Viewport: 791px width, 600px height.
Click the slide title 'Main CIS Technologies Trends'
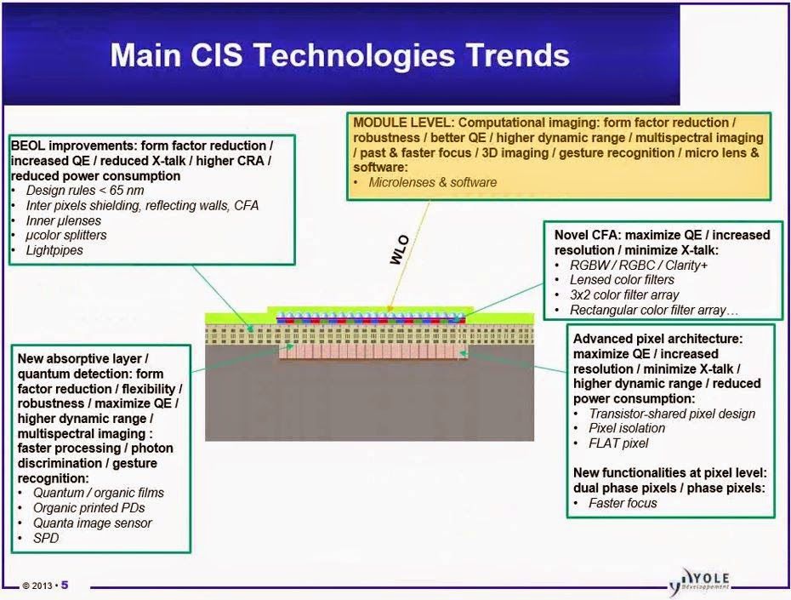pos(340,55)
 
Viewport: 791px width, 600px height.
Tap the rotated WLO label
pos(399,250)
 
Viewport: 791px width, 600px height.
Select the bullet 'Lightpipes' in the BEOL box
pos(54,250)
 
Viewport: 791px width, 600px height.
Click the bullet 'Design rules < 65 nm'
pos(85,191)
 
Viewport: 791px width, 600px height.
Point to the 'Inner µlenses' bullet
pos(64,220)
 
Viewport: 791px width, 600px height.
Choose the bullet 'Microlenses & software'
pos(432,182)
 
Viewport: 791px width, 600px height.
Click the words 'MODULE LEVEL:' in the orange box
pos(403,123)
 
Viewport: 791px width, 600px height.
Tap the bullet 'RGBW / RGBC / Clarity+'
pos(639,265)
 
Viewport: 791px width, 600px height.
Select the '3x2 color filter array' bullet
pos(624,294)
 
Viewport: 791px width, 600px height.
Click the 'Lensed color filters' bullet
pos(622,279)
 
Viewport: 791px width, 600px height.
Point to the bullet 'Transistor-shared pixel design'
pos(672,414)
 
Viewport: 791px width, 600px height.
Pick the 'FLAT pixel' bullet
pos(618,443)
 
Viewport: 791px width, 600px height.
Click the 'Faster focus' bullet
pos(623,503)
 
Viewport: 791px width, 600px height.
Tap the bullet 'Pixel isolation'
pos(627,428)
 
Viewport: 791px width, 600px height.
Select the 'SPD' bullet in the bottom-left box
pos(46,539)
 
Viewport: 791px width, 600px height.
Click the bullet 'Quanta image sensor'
pos(93,523)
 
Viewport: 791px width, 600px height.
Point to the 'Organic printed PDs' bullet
pos(88,508)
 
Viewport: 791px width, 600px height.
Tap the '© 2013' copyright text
pos(37,586)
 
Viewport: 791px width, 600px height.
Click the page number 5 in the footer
pos(65,586)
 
